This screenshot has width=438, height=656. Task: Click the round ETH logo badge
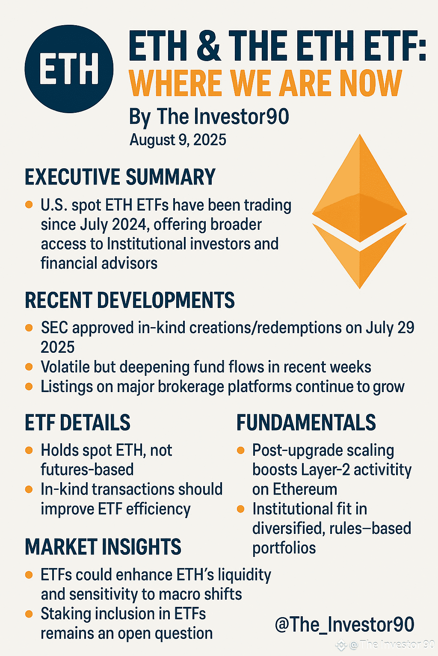pyautogui.click(x=69, y=69)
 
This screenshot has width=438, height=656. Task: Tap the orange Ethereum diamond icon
pyautogui.click(x=360, y=211)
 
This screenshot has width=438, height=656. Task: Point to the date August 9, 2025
pyautogui.click(x=178, y=140)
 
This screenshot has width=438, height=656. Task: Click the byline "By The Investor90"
pyautogui.click(x=209, y=117)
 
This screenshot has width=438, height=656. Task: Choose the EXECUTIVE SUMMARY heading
pyautogui.click(x=120, y=177)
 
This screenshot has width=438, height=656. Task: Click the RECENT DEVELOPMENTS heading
pyautogui.click(x=130, y=300)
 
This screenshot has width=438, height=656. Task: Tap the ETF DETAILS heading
pyautogui.click(x=77, y=422)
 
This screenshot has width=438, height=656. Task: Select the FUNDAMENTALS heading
pyautogui.click(x=306, y=422)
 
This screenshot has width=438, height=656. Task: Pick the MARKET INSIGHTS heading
pyautogui.click(x=103, y=547)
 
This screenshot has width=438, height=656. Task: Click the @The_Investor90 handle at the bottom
pyautogui.click(x=344, y=624)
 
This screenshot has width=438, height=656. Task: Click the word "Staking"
pyautogui.click(x=66, y=614)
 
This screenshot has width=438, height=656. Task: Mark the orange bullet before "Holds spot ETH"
pyautogui.click(x=29, y=450)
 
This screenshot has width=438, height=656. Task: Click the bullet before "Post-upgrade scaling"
pyautogui.click(x=240, y=450)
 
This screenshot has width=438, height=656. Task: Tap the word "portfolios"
pyautogui.click(x=284, y=548)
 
